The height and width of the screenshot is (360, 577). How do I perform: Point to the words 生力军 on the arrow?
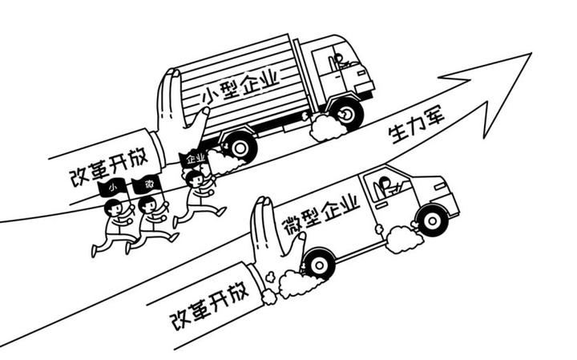[414, 127]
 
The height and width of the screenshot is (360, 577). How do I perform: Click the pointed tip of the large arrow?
[530, 55]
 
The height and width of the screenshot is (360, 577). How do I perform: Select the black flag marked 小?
[113, 188]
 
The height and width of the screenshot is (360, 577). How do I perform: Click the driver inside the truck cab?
[339, 61]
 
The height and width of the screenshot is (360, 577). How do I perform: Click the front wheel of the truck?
[346, 112]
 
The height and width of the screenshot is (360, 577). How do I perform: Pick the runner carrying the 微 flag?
[150, 220]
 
